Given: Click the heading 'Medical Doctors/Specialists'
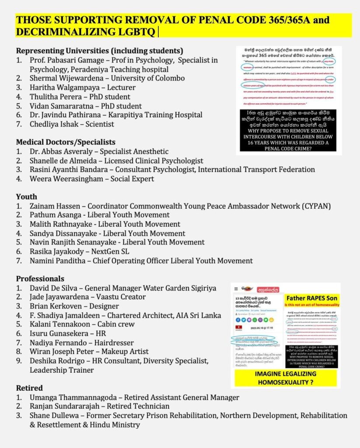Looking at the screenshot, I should (66, 142).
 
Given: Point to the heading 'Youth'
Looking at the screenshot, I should (26, 196).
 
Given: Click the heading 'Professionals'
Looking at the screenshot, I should (40, 279).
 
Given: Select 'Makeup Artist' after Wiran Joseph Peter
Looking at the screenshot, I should (126, 351).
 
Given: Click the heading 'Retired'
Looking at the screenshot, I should (29, 388).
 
